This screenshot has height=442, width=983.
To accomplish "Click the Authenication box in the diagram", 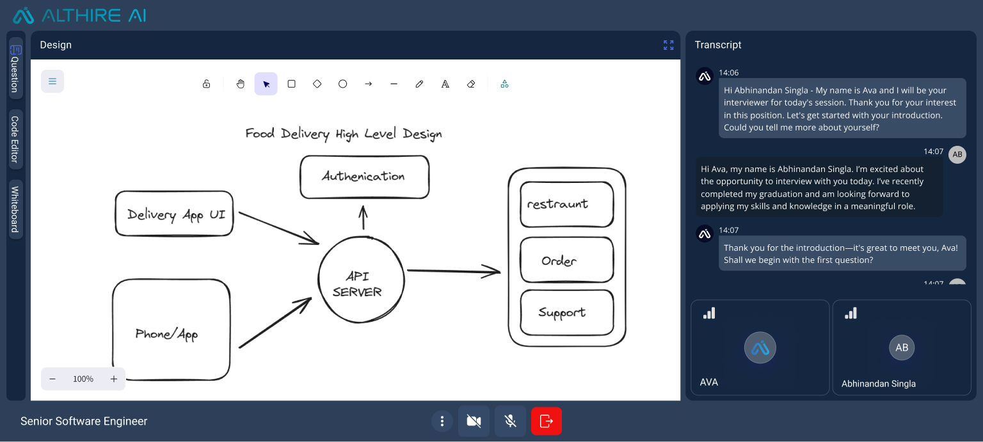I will pyautogui.click(x=364, y=177).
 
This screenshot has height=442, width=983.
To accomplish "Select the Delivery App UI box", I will pyautogui.click(x=174, y=214).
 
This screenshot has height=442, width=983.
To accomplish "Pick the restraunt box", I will pyautogui.click(x=566, y=205).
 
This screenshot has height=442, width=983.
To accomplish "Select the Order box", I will pyautogui.click(x=566, y=260).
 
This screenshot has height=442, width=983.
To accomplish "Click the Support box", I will pyautogui.click(x=566, y=312).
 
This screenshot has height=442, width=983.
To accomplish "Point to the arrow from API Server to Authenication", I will pyautogui.click(x=363, y=217).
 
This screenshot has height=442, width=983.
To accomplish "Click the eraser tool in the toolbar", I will pyautogui.click(x=471, y=84).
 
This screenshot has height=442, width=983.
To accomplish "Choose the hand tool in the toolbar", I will pyautogui.click(x=241, y=84).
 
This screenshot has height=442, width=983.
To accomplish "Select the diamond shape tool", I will pyautogui.click(x=317, y=84).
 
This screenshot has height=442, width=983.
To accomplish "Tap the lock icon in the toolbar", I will pyautogui.click(x=206, y=84).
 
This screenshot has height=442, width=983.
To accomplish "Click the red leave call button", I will pyautogui.click(x=546, y=421).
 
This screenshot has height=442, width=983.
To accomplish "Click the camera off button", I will pyautogui.click(x=474, y=421).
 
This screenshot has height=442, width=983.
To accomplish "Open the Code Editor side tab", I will pyautogui.click(x=15, y=139).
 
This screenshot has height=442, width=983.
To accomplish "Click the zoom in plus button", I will pyautogui.click(x=114, y=379).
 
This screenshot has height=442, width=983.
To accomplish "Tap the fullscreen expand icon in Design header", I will pyautogui.click(x=668, y=45).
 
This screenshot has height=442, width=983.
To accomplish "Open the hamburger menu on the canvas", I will pyautogui.click(x=52, y=81).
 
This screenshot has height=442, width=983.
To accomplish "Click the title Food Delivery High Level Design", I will pyautogui.click(x=344, y=134).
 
